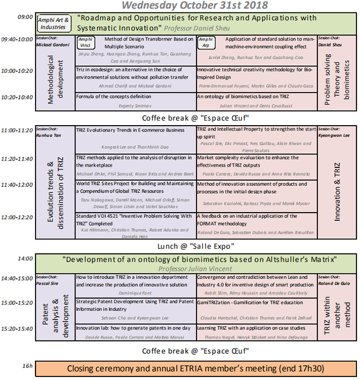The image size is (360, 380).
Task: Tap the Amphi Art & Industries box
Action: pos(53,24)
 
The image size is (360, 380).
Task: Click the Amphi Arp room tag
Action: pos(206,42)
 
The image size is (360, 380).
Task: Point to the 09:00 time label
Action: pos(24,17)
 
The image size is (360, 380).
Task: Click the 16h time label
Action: pos(27,366)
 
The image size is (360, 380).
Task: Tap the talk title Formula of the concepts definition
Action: pos(113,96)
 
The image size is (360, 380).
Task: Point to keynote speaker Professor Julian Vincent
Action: pos(195,268)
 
